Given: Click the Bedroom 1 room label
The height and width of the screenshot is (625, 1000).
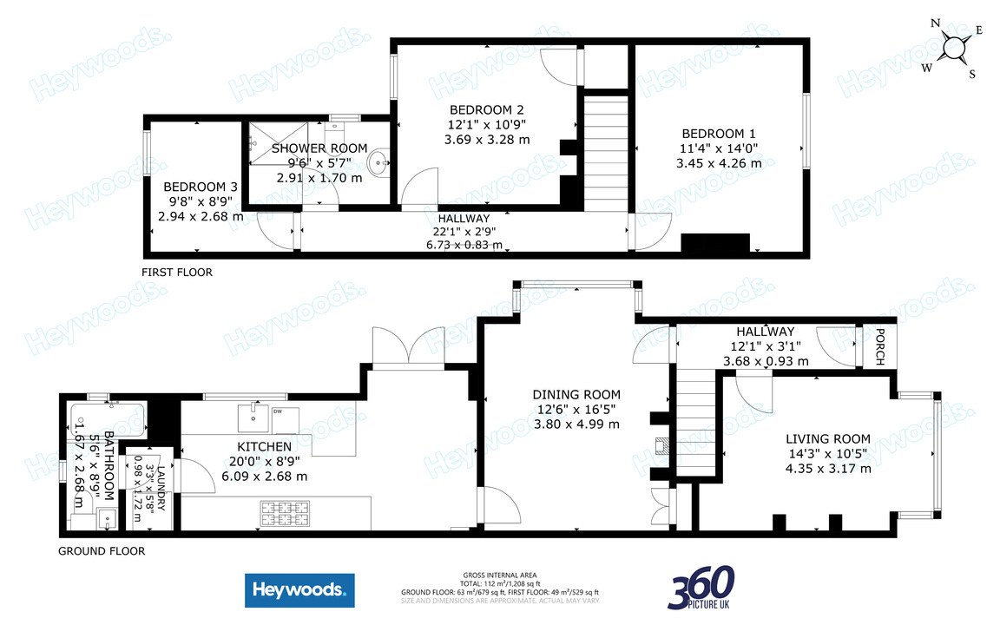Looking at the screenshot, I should (x=718, y=134).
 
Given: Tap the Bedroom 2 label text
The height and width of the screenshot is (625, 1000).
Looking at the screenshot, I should (x=486, y=110).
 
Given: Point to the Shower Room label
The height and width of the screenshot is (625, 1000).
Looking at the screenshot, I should (x=319, y=148).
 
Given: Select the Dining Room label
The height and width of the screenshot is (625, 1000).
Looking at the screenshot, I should (x=576, y=395).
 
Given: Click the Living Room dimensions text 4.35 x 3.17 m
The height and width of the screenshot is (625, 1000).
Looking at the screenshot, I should (x=827, y=470).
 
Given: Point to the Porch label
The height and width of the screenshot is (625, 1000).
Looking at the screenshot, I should (x=879, y=347).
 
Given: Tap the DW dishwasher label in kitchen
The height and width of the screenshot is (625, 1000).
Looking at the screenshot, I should (x=279, y=411).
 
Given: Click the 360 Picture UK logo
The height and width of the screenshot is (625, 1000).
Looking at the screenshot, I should (x=701, y=589).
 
